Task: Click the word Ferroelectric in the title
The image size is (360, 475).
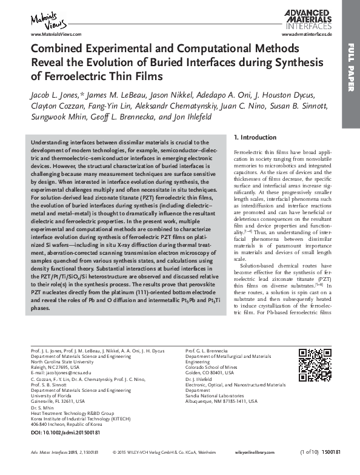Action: [68, 76]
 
